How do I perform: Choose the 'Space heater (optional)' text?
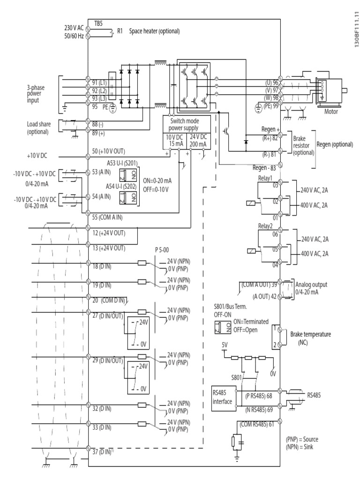click(155, 32)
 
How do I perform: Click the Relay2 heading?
click(265, 226)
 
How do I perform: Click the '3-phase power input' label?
click(39, 92)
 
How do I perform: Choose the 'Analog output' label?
click(312, 285)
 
